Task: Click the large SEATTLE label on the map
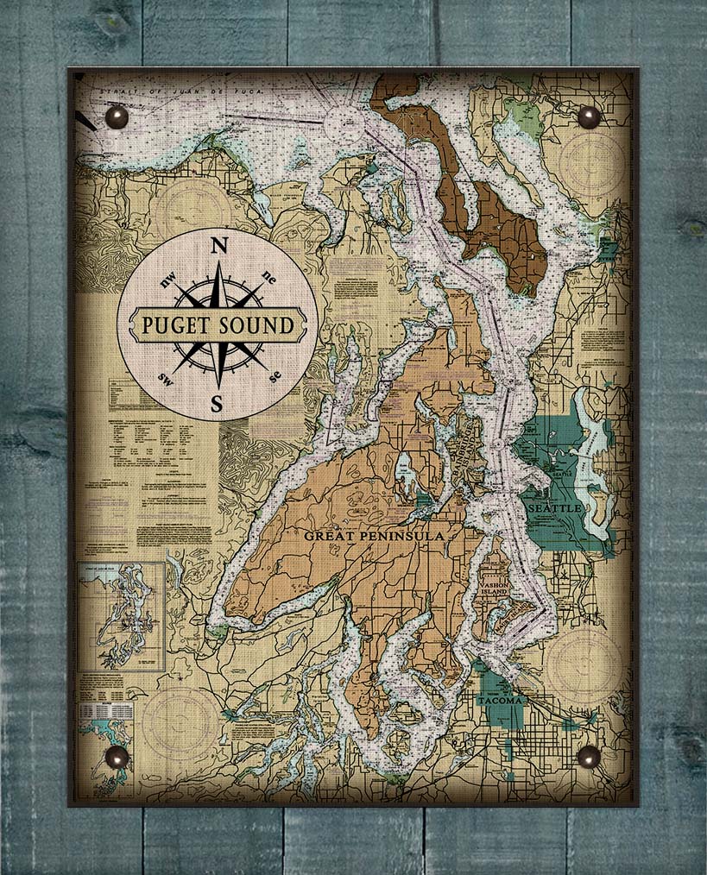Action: point(555,509)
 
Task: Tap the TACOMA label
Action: point(500,700)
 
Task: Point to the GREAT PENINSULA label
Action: point(373,536)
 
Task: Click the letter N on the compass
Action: point(219,246)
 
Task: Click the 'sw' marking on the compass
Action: point(165,375)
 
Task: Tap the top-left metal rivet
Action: point(116,116)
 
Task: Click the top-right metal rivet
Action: point(589,117)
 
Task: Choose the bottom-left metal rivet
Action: point(117,758)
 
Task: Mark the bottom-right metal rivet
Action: point(589,757)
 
